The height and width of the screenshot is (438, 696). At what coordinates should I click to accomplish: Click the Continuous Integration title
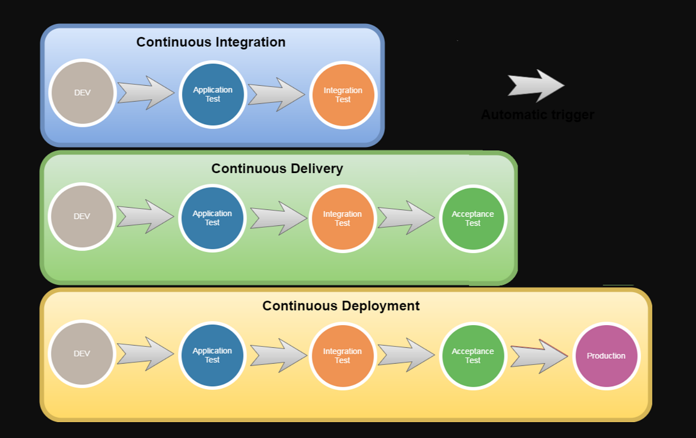[211, 42]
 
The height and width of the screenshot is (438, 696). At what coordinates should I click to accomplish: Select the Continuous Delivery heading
[277, 169]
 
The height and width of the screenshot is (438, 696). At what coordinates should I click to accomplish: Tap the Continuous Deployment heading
[341, 306]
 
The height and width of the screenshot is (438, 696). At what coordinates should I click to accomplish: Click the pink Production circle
[606, 355]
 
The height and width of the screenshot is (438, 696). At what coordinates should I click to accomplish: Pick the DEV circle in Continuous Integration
[83, 93]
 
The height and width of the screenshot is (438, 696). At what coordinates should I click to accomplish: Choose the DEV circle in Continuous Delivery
[82, 216]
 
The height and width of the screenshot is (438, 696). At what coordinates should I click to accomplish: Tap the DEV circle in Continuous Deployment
[82, 353]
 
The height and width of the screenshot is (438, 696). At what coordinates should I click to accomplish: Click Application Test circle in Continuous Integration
[213, 94]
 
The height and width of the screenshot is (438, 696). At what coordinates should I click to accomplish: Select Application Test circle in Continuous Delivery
[212, 218]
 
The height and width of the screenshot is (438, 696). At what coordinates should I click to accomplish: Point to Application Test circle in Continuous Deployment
[212, 355]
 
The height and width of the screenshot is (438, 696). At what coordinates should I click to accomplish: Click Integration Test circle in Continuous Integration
[343, 95]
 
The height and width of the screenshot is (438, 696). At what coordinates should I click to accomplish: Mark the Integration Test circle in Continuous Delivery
[343, 218]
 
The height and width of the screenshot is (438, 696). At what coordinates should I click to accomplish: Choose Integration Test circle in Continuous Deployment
[343, 355]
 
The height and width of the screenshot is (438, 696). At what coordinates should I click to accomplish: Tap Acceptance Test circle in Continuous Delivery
[473, 218]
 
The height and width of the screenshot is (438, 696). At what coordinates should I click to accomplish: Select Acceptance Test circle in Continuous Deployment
[473, 355]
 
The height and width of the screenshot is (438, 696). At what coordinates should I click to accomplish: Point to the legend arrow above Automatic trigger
[536, 86]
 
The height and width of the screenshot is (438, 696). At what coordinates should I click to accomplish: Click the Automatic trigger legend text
[537, 115]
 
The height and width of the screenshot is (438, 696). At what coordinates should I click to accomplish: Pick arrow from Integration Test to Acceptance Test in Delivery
[406, 218]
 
